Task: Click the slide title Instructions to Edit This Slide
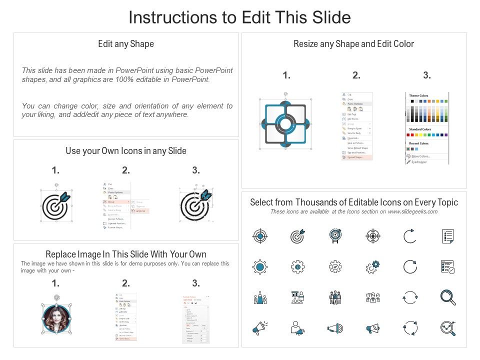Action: tap(239, 17)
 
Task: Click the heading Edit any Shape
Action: tap(126, 44)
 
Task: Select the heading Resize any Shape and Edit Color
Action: tap(353, 44)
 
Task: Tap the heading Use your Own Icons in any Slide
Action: tap(126, 150)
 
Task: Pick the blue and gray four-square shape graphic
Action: tap(284, 123)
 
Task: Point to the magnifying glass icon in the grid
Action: tap(447, 297)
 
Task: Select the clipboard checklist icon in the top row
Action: tap(447, 236)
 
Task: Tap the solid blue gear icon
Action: tap(260, 267)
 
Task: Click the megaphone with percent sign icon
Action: tap(372, 328)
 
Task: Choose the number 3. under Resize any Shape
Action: tap(426, 75)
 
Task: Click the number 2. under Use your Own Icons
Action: tap(126, 170)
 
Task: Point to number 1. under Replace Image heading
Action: tap(55, 283)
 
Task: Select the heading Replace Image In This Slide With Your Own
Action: tap(126, 254)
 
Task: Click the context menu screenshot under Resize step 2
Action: tap(356, 126)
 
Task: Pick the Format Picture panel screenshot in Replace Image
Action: tap(195, 319)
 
